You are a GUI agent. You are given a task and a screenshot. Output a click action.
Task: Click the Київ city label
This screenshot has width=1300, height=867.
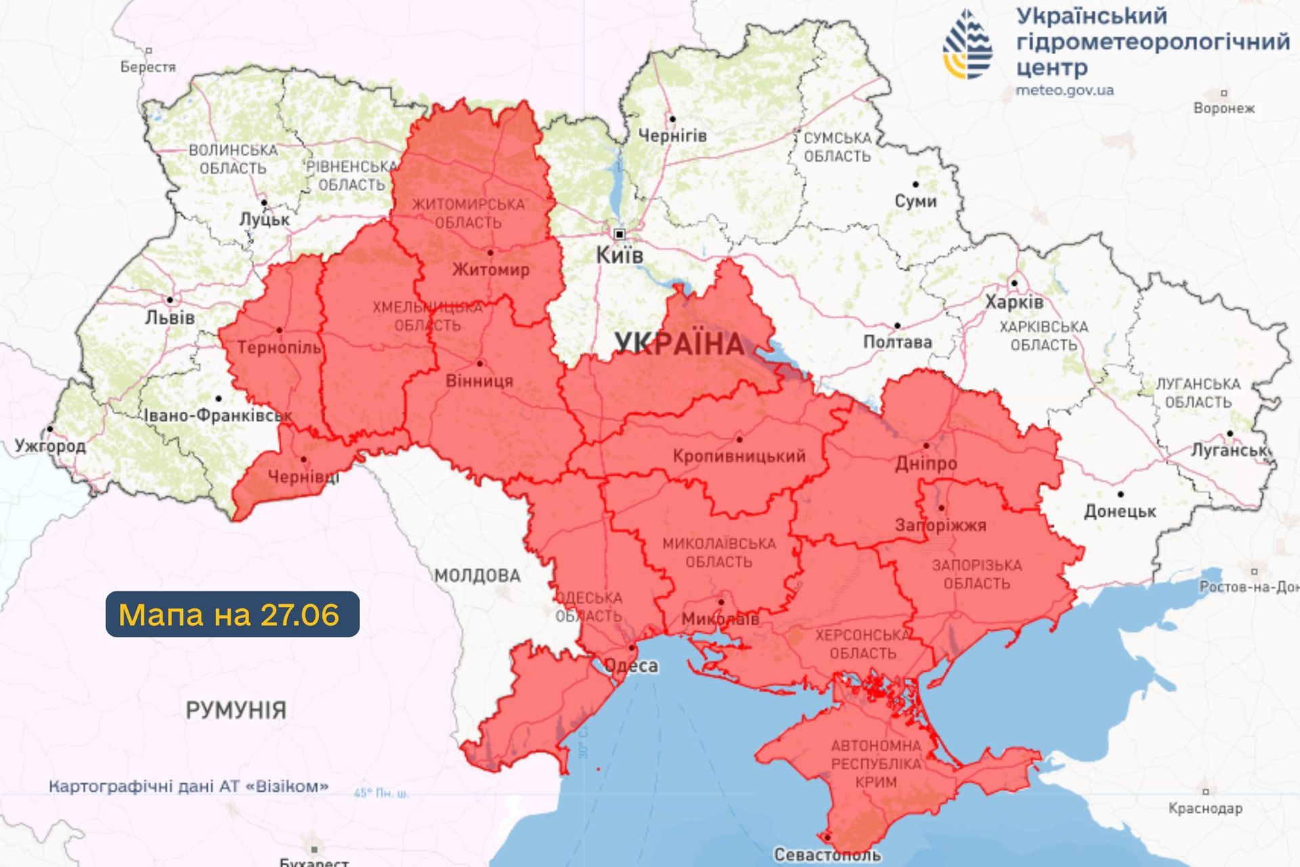pos(619,255)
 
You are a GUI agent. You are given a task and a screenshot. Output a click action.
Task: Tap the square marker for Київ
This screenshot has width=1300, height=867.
pos(619,234)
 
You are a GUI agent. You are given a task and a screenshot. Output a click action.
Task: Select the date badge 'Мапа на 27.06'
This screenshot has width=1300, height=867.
pos(232,614)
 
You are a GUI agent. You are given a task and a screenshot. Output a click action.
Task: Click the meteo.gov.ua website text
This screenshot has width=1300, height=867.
pos(1064,90)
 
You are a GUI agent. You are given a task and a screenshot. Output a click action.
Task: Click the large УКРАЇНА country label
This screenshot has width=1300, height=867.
pos(679,344)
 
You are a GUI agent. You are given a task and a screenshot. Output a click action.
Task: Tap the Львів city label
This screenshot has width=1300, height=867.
pos(170,317)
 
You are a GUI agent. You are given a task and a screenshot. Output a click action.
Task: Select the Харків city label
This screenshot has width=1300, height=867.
pos(1014,302)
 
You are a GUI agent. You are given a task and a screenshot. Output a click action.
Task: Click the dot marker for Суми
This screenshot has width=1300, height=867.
pos(915,184)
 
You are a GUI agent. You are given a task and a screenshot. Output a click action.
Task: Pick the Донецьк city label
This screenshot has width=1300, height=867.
pos(1120,511)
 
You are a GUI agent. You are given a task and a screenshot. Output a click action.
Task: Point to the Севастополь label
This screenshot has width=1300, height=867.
pos(827,855)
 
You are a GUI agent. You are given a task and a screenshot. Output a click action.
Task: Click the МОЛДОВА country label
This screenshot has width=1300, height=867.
pos(477,576)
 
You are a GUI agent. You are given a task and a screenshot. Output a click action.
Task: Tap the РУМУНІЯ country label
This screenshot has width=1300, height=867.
pos(236,710)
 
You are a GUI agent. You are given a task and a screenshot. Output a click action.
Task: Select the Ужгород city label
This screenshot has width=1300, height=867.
pos(50,446)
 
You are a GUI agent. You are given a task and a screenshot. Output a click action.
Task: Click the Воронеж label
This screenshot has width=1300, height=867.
pos(1223,108)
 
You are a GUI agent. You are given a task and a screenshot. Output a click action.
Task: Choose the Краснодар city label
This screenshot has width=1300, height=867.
pos(1205,808)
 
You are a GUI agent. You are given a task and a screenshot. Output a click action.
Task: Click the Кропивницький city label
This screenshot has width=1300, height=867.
pos(739,456)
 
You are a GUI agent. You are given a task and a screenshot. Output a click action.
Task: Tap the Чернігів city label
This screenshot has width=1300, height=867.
pos(672,136)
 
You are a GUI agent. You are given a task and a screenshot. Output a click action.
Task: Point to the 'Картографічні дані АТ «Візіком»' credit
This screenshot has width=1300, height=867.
pos(188,786)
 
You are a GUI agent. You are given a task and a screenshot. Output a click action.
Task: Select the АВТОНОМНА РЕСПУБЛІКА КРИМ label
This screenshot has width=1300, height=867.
pos(876,763)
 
